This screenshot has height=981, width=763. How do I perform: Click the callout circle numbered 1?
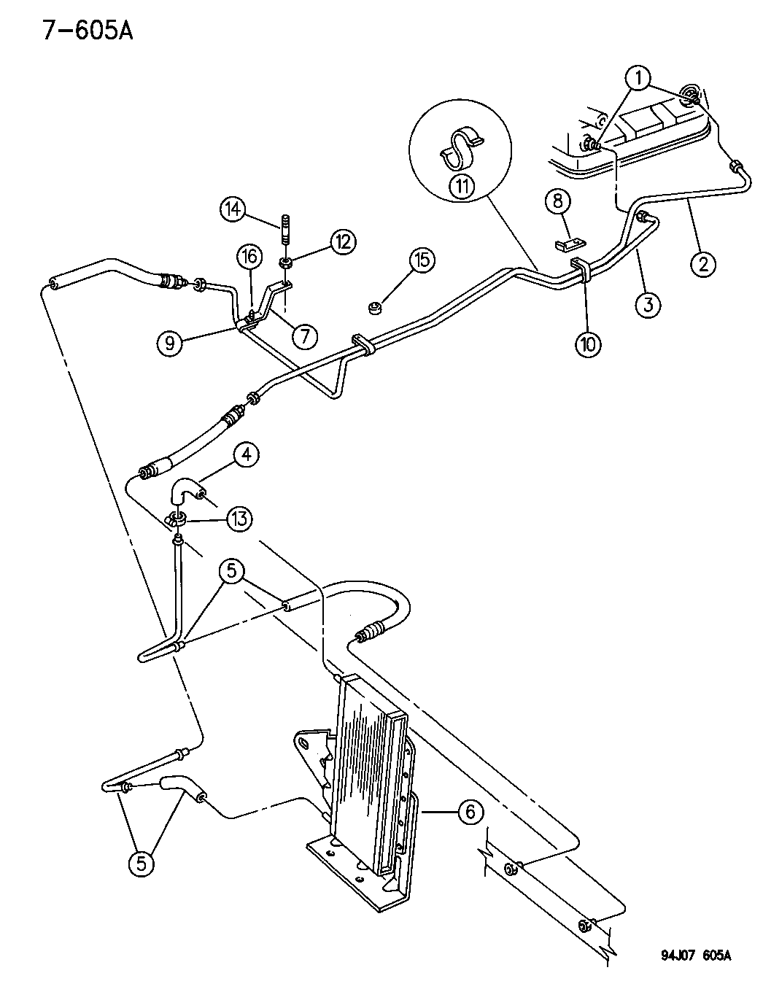point(638,78)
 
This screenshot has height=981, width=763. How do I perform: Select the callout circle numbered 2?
point(703,263)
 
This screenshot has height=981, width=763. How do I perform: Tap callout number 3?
point(648,305)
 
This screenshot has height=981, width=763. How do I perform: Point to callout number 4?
point(246,455)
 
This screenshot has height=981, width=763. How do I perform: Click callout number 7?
point(305,336)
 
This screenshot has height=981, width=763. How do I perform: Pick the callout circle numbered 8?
point(559,202)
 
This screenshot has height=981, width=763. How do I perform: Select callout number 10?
point(588,345)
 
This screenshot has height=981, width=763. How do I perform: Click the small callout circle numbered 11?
point(462,186)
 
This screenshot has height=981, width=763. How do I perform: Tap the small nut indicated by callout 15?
point(374,309)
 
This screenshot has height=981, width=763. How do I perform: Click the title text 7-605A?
point(88,31)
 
